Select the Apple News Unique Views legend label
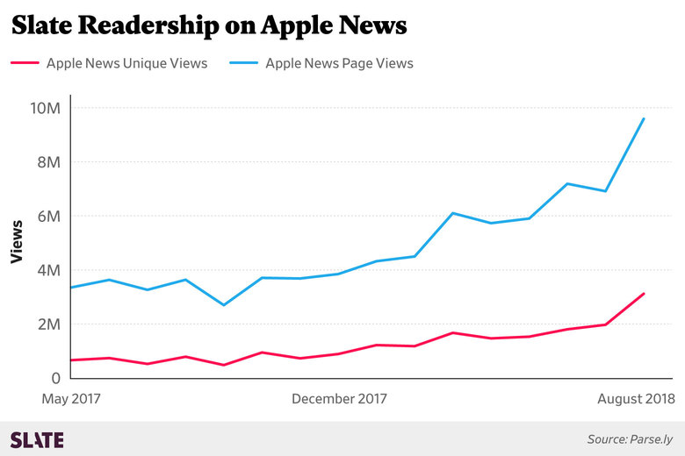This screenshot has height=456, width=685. (126, 63)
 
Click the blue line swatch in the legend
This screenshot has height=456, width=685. (242, 63)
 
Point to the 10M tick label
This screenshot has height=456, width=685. (45, 108)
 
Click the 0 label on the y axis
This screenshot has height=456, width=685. (54, 378)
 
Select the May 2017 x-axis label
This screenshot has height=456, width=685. (71, 399)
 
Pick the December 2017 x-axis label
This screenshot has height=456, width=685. (339, 399)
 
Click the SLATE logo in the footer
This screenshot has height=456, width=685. (37, 439)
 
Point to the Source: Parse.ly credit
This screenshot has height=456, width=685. (630, 438)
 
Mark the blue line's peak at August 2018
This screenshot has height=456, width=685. (645, 118)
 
